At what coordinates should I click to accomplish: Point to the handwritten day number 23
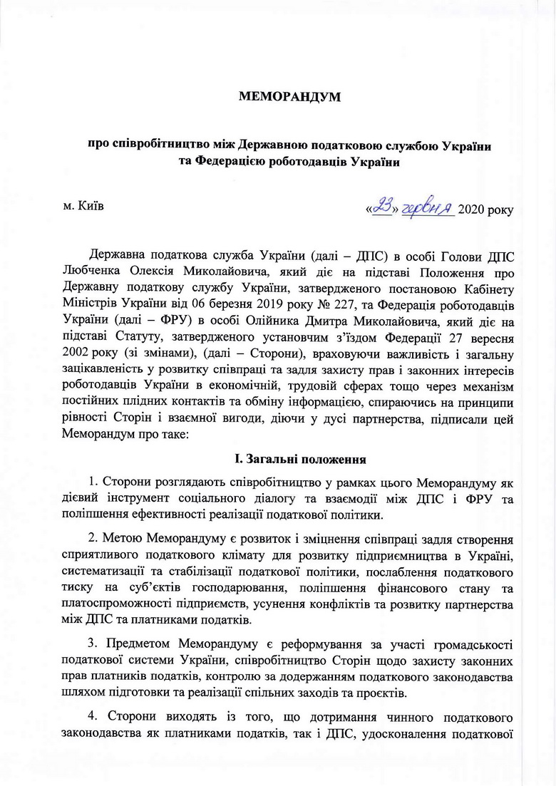tap(385, 207)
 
